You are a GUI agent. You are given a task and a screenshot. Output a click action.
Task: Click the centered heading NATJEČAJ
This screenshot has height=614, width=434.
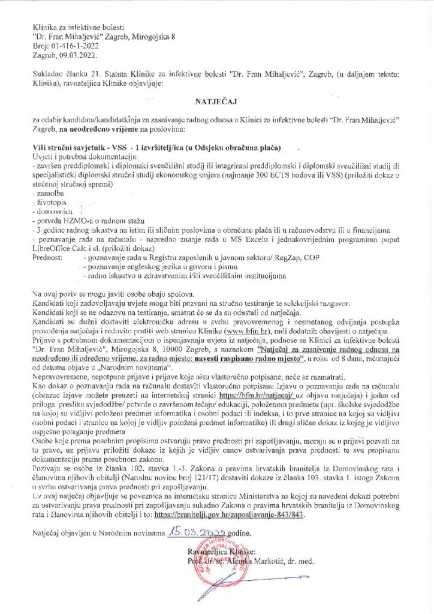point(217,103)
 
